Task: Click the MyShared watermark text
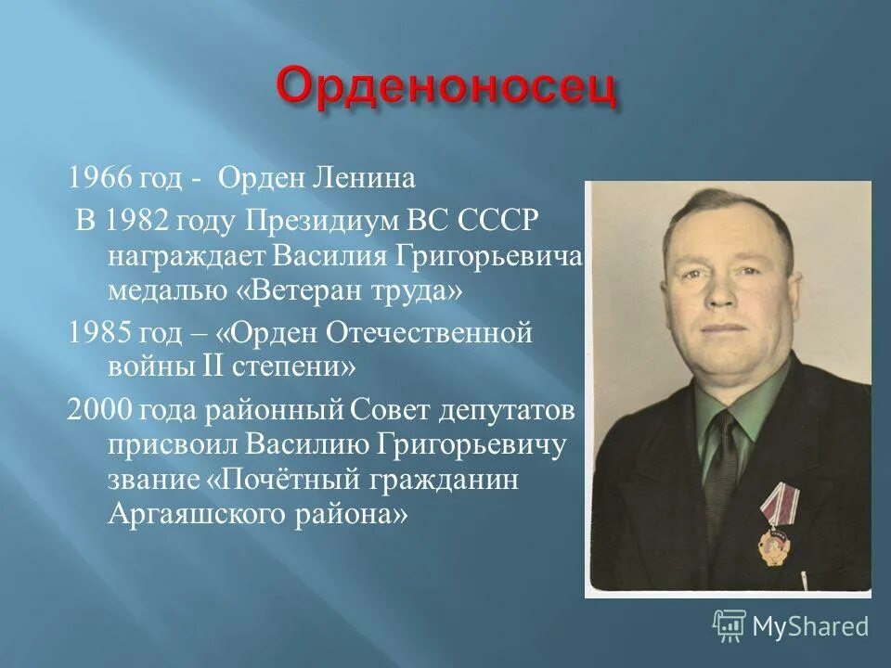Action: [x=809, y=626]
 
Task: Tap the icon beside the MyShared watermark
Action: [x=730, y=625]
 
